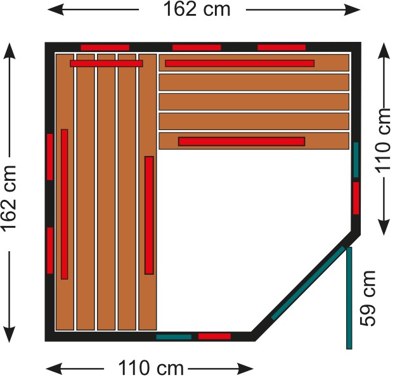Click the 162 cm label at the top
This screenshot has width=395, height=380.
click(x=197, y=10)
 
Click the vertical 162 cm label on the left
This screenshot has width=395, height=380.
click(x=10, y=199)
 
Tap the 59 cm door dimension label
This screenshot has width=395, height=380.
click(x=368, y=299)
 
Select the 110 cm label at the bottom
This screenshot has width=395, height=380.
click(x=151, y=368)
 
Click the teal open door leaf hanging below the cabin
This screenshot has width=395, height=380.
click(x=349, y=298)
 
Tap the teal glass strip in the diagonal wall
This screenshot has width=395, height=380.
click(x=308, y=284)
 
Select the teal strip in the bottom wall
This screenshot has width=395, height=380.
click(x=174, y=337)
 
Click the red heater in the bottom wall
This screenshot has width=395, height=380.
click(x=215, y=336)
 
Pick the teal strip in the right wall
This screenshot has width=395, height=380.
click(x=356, y=160)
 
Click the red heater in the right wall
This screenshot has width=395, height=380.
click(x=356, y=199)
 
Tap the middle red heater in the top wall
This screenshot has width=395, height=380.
click(x=197, y=48)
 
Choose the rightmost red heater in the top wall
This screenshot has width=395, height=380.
click(x=282, y=48)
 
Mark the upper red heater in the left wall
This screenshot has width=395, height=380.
click(x=50, y=157)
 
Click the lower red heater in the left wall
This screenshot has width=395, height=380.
click(x=50, y=251)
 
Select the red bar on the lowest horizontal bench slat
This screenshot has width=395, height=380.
click(x=242, y=141)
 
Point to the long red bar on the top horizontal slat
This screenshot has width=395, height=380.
click(x=240, y=63)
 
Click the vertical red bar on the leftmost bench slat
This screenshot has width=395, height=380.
click(x=65, y=204)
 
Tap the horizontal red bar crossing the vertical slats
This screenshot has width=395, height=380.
click(x=107, y=63)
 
